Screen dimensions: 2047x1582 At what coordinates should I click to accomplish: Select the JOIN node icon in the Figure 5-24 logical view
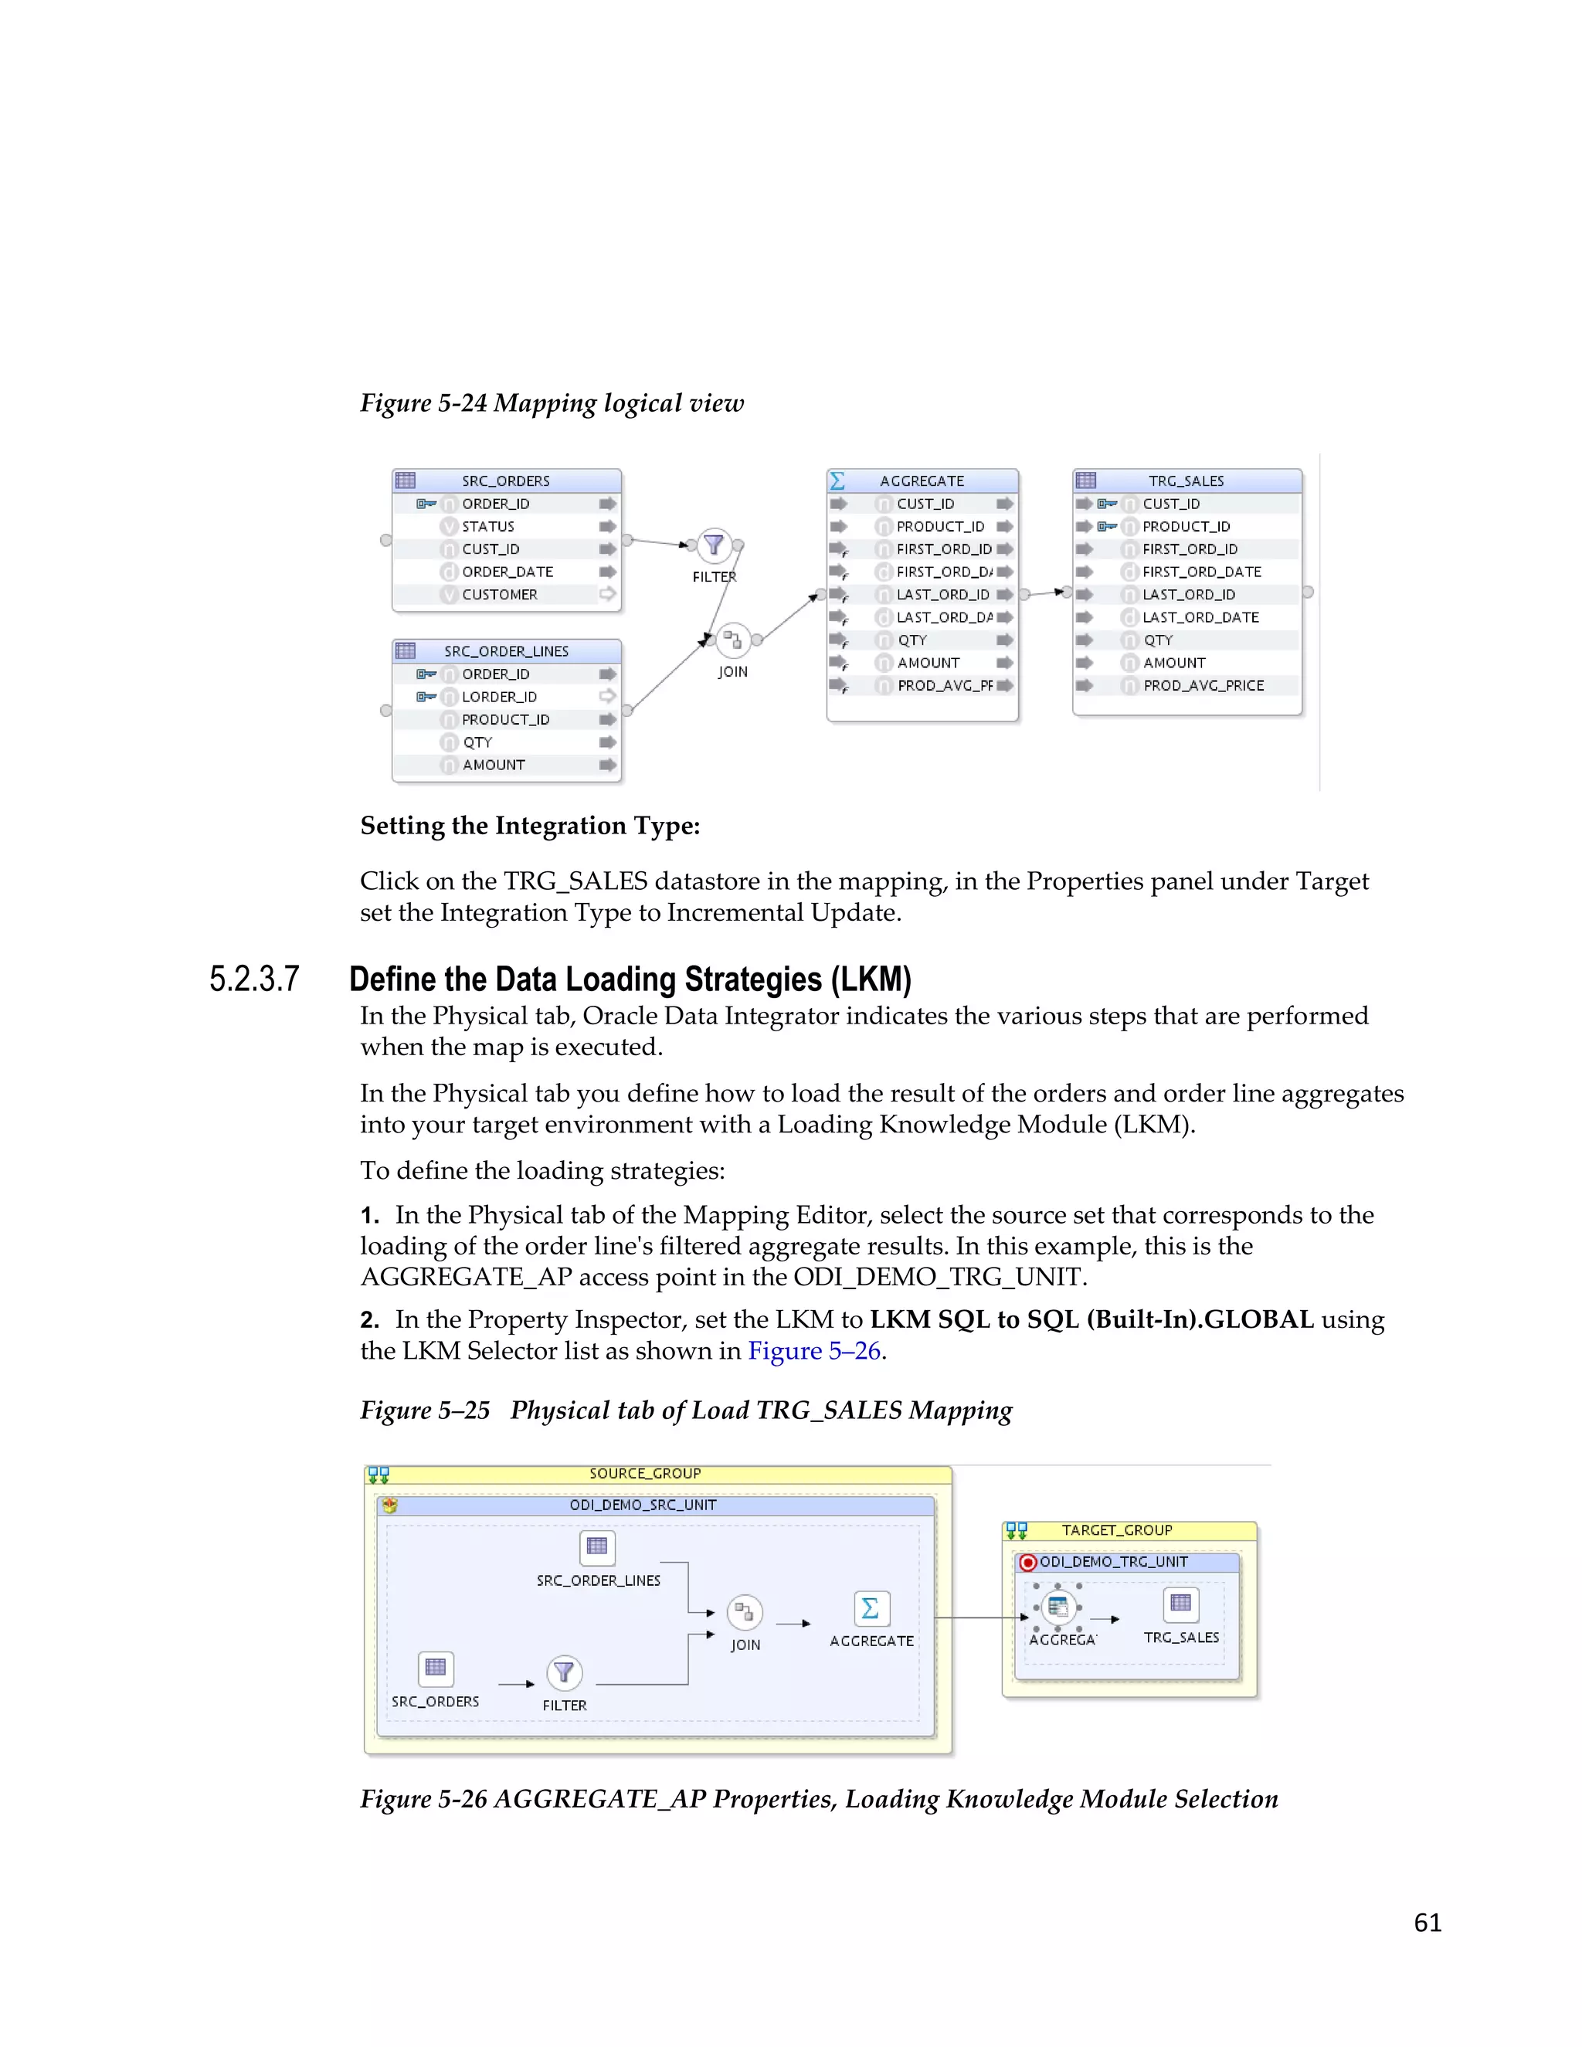733,640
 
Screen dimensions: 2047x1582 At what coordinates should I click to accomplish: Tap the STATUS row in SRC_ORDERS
487,527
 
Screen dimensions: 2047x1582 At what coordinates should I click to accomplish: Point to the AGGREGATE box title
922,480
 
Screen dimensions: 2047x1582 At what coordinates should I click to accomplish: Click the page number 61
1427,1923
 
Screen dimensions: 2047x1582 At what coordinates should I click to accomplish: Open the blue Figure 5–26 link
813,1350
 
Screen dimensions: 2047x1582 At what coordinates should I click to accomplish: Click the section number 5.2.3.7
254,979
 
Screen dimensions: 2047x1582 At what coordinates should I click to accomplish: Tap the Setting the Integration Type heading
529,826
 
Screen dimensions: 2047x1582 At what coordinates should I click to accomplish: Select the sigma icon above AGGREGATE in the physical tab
871,1609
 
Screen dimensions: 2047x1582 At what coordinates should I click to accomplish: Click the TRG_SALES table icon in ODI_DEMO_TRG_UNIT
1180,1604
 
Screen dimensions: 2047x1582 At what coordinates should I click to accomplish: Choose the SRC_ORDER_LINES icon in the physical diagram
597,1546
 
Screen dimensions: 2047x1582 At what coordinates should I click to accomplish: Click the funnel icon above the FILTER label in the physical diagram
564,1672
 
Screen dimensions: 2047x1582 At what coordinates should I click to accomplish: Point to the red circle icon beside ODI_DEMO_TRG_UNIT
1028,1563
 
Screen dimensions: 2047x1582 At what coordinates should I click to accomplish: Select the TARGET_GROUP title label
1116,1530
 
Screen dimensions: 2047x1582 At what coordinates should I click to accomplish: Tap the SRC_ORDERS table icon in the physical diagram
436,1668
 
